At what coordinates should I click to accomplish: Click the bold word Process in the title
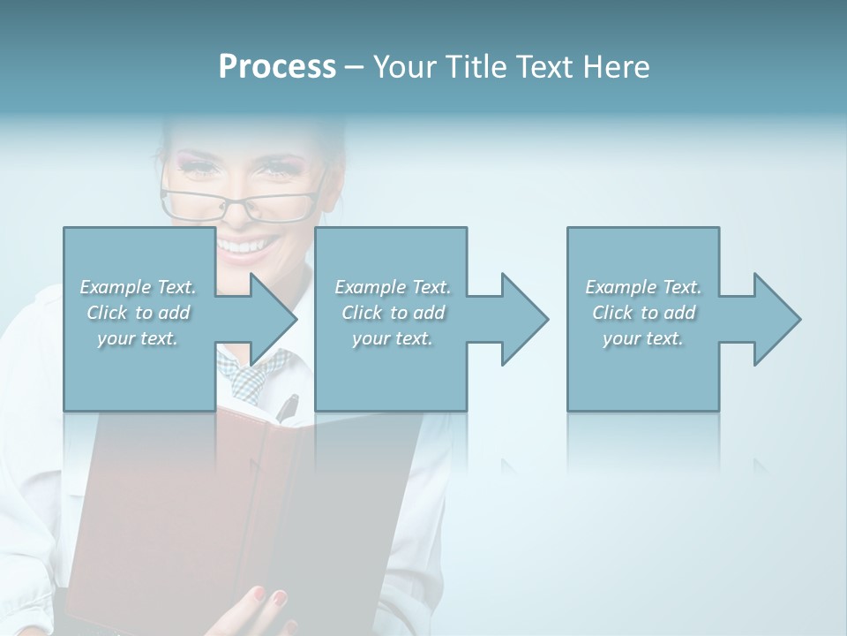coord(277,67)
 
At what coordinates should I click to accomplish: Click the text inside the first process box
coord(138,313)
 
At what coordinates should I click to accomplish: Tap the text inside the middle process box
coord(392,313)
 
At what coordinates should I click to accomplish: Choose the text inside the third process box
coord(643,313)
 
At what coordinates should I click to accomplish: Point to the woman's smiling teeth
coord(246,246)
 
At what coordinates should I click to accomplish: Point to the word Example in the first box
coord(116,287)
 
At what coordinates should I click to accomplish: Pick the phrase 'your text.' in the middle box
coord(392,338)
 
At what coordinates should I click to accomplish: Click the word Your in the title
coord(401,67)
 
